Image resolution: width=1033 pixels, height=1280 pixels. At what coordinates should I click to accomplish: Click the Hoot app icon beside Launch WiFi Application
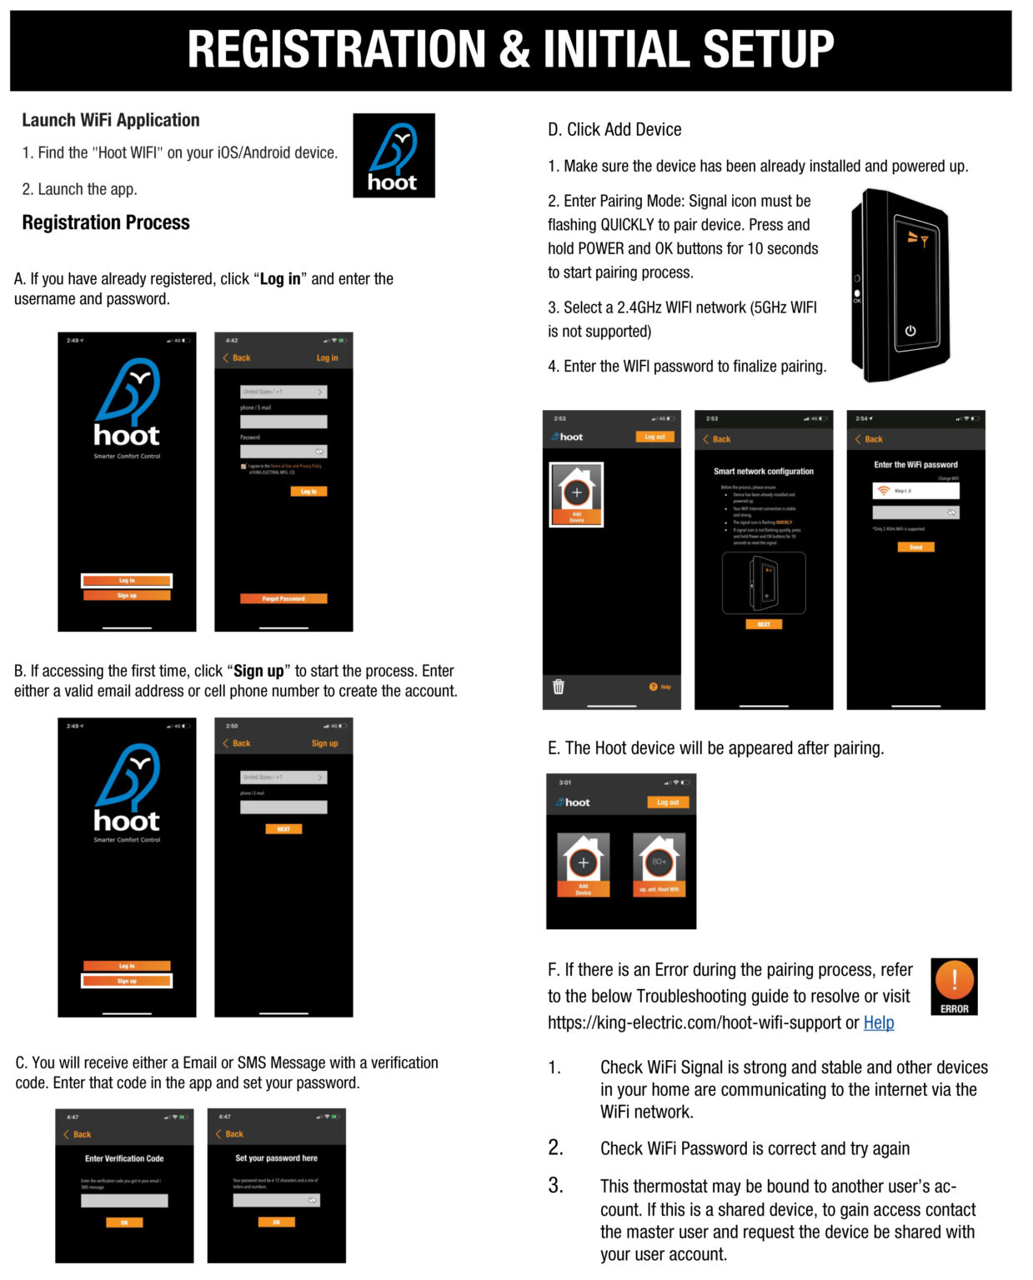pos(394,156)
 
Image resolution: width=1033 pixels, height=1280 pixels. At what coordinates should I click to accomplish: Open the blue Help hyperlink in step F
pos(878,1022)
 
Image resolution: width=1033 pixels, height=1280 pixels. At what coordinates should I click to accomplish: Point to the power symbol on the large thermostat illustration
pos(910,331)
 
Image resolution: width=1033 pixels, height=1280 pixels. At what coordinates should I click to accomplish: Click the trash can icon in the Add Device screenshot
pos(559,687)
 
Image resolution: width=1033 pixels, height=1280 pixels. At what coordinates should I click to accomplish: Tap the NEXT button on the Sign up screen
pos(283,829)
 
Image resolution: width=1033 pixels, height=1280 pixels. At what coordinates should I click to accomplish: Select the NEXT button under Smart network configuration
pos(763,624)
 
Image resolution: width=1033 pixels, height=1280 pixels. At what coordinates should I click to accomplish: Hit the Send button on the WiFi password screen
pos(915,547)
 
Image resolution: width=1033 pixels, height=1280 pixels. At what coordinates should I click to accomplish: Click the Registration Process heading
pos(106,222)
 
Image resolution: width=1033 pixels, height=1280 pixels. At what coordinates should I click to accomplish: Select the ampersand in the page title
pos(514,49)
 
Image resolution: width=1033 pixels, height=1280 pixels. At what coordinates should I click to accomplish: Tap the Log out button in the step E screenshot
pos(667,802)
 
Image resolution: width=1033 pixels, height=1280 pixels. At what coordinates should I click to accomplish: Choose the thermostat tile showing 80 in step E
pos(659,865)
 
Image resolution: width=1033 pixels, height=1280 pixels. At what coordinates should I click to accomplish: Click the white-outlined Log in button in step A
pos(127,581)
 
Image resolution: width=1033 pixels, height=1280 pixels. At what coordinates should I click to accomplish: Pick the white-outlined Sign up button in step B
pos(127,981)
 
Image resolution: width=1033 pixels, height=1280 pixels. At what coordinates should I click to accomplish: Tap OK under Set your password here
pos(276,1222)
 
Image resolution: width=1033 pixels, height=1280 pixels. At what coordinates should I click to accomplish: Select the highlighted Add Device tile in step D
pos(576,495)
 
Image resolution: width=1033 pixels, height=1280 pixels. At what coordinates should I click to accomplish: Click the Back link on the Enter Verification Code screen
pos(78,1134)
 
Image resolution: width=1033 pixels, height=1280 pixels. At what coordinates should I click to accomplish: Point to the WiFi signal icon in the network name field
pos(883,491)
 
